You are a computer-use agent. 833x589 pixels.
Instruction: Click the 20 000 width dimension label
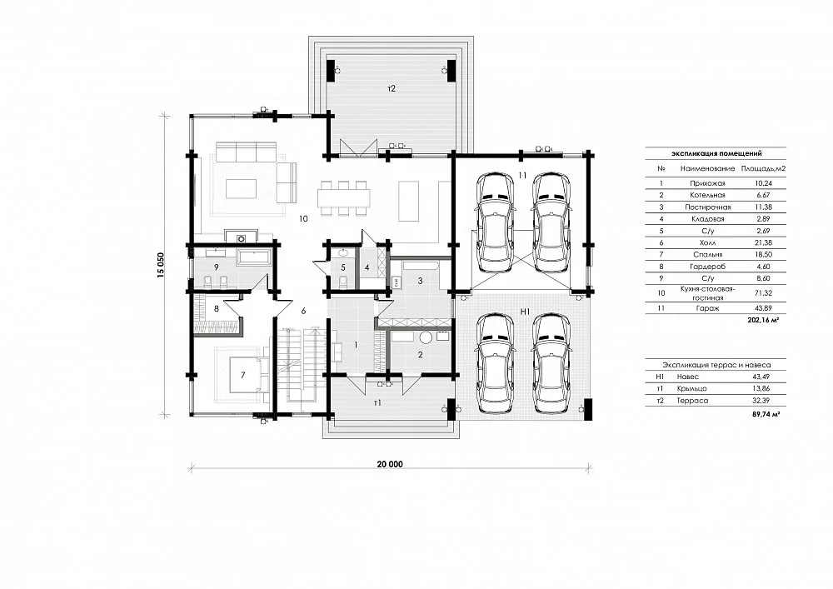click(x=390, y=464)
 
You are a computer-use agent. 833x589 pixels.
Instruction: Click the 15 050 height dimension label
click(x=161, y=264)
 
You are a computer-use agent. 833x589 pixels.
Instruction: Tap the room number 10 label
click(x=303, y=218)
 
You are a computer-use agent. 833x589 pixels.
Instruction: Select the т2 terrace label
click(x=392, y=88)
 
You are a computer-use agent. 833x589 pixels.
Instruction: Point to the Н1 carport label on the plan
click(x=525, y=312)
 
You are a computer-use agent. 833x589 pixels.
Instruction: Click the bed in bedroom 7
click(x=243, y=374)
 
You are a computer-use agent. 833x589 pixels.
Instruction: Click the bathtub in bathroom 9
click(x=253, y=258)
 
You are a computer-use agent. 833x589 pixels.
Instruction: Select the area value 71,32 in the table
click(x=763, y=292)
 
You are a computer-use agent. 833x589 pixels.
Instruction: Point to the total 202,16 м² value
click(x=763, y=320)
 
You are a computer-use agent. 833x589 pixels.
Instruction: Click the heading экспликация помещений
click(x=716, y=153)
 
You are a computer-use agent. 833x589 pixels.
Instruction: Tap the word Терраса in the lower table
click(x=692, y=401)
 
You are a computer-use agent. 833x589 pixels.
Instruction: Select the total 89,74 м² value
click(x=766, y=414)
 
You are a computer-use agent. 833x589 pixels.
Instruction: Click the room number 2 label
click(x=420, y=354)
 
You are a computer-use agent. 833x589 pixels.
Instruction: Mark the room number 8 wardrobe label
click(x=217, y=308)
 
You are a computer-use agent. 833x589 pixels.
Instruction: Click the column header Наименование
click(x=707, y=168)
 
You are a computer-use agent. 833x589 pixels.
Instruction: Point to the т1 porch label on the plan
click(x=377, y=402)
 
